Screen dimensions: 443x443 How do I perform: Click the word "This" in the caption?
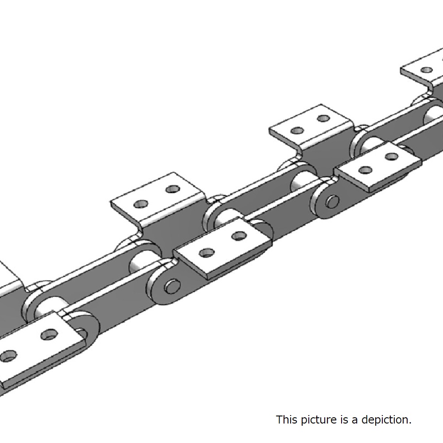(x=287, y=420)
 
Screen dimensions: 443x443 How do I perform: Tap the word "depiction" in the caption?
(x=386, y=420)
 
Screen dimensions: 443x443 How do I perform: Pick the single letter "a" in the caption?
(x=355, y=421)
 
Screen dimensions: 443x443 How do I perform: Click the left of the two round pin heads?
(x=172, y=286)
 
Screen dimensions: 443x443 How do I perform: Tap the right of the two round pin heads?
(x=332, y=202)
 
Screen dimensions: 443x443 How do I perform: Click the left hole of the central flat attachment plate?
(x=207, y=253)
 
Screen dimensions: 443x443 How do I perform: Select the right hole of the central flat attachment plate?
(x=239, y=236)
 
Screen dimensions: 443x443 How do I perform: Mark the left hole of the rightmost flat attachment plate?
(x=365, y=170)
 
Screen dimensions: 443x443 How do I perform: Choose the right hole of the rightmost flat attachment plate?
(x=392, y=156)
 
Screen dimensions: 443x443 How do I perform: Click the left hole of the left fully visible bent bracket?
(x=141, y=204)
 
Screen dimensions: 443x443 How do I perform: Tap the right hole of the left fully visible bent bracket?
(x=173, y=189)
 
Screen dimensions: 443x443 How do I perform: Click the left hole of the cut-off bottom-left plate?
(x=8, y=356)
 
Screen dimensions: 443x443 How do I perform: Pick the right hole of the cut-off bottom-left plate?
(x=50, y=334)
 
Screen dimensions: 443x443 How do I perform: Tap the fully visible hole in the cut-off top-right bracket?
(x=427, y=70)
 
